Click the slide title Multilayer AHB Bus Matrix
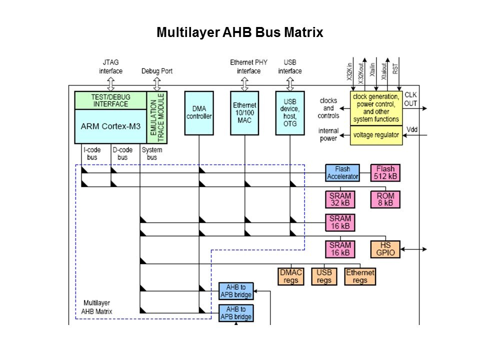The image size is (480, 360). click(x=240, y=33)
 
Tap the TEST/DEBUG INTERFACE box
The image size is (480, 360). click(x=110, y=100)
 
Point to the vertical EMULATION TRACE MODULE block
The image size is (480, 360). click(x=157, y=117)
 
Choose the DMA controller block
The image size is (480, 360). click(x=199, y=112)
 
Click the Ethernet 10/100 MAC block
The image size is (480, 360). click(x=244, y=112)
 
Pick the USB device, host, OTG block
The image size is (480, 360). click(x=290, y=112)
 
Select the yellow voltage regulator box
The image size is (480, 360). click(x=376, y=135)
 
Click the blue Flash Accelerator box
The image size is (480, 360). click(x=342, y=172)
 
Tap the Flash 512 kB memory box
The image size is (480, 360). click(x=385, y=172)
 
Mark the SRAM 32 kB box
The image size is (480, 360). click(x=340, y=199)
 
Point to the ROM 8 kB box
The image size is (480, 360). click(x=385, y=199)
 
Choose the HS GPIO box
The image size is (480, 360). click(x=385, y=248)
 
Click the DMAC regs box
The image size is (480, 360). click(x=290, y=276)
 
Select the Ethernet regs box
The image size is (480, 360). click(x=360, y=276)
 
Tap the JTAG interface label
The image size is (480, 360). click(x=110, y=66)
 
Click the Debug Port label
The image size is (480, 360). click(x=157, y=71)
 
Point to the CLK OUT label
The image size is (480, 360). click(x=410, y=99)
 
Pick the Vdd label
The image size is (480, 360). click(x=412, y=129)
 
